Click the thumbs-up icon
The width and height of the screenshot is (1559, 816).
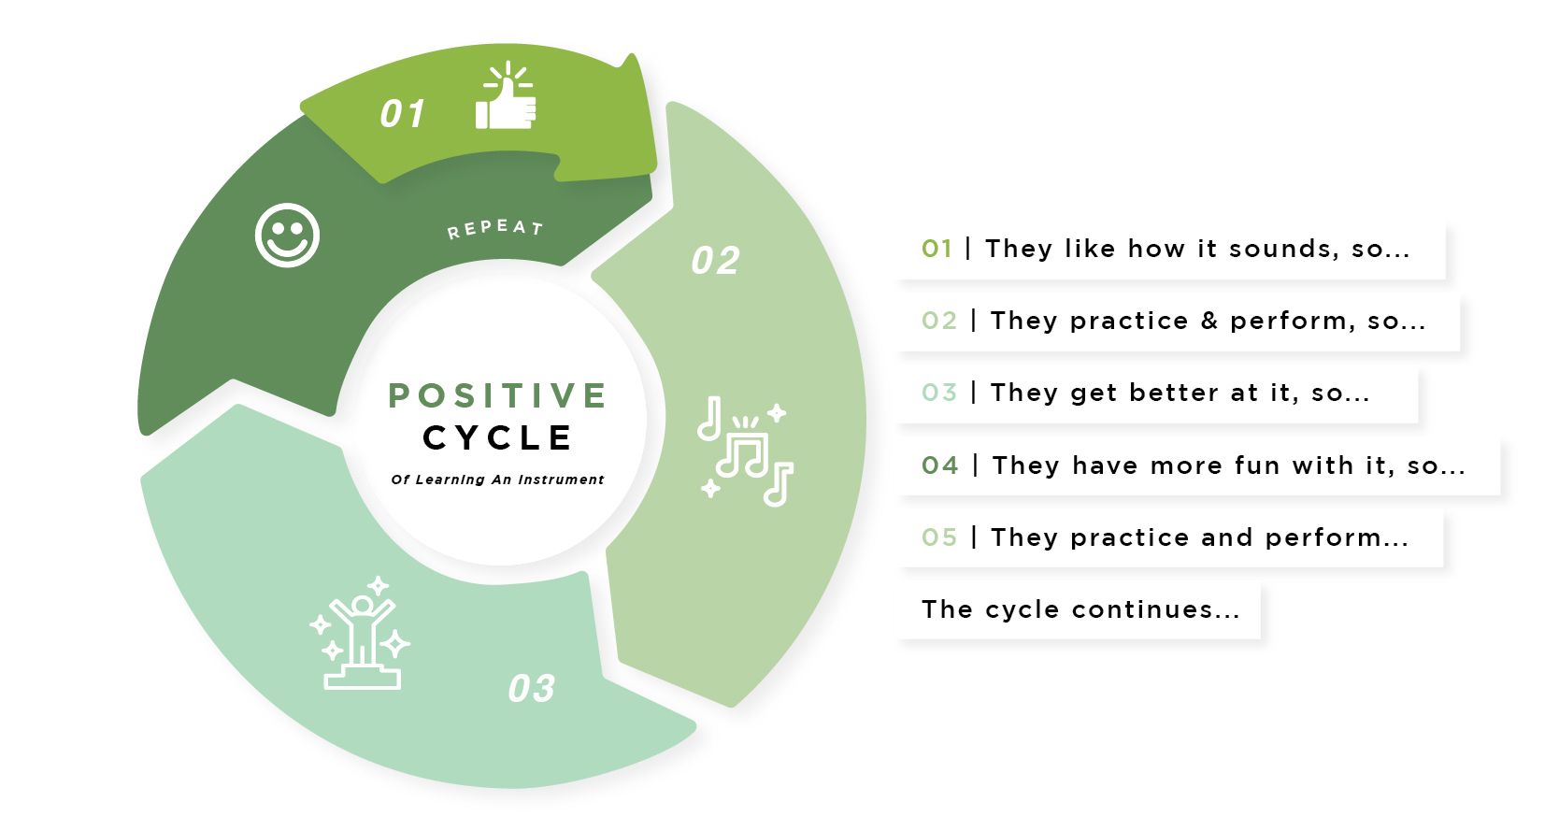pos(506,99)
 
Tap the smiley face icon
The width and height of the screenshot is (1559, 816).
pos(287,235)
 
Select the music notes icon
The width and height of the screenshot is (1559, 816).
pos(745,451)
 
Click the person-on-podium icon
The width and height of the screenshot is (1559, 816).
pos(362,634)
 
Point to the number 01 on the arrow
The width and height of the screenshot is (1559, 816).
pos(403,114)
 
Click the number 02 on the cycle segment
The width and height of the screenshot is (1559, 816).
pos(716,261)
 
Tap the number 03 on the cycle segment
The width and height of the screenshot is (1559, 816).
pos(532,689)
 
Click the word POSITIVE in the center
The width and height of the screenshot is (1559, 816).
pos(498,395)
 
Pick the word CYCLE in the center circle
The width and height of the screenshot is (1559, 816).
pos(498,437)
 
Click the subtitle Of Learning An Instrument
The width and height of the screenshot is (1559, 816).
pos(497,480)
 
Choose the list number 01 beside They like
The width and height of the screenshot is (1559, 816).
pos(937,249)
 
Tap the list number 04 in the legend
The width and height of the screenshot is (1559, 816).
pos(939,465)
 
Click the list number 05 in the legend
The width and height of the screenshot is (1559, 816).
pos(939,537)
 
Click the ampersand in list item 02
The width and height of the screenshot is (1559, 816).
pos(1209,321)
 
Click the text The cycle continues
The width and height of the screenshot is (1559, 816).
pos(1080,609)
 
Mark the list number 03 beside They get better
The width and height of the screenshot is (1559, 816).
pos(939,393)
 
